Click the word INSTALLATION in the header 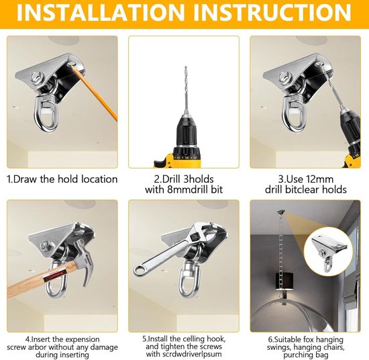pyautogui.click(x=101, y=13)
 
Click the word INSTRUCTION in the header pyautogui.click(x=272, y=13)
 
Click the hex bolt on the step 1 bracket pyautogui.click(x=37, y=77)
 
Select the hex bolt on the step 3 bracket pyautogui.click(x=284, y=78)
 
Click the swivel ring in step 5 pyautogui.click(x=189, y=279)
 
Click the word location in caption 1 pyautogui.click(x=99, y=179)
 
